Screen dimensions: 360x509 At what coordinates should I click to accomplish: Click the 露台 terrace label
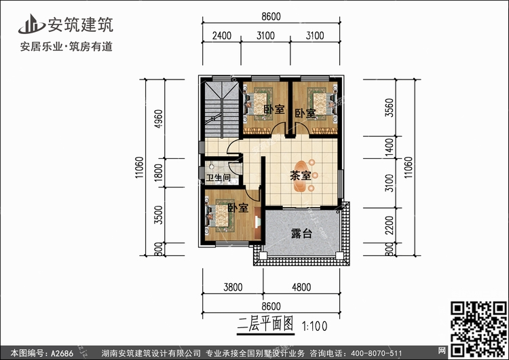tap(301, 234)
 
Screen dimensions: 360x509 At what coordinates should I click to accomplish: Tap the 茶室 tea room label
tap(301, 175)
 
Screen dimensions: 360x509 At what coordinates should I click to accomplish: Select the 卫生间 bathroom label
tap(218, 179)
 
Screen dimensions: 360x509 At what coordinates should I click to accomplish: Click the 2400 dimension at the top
tap(221, 35)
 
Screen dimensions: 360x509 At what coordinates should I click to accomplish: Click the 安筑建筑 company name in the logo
tap(79, 25)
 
